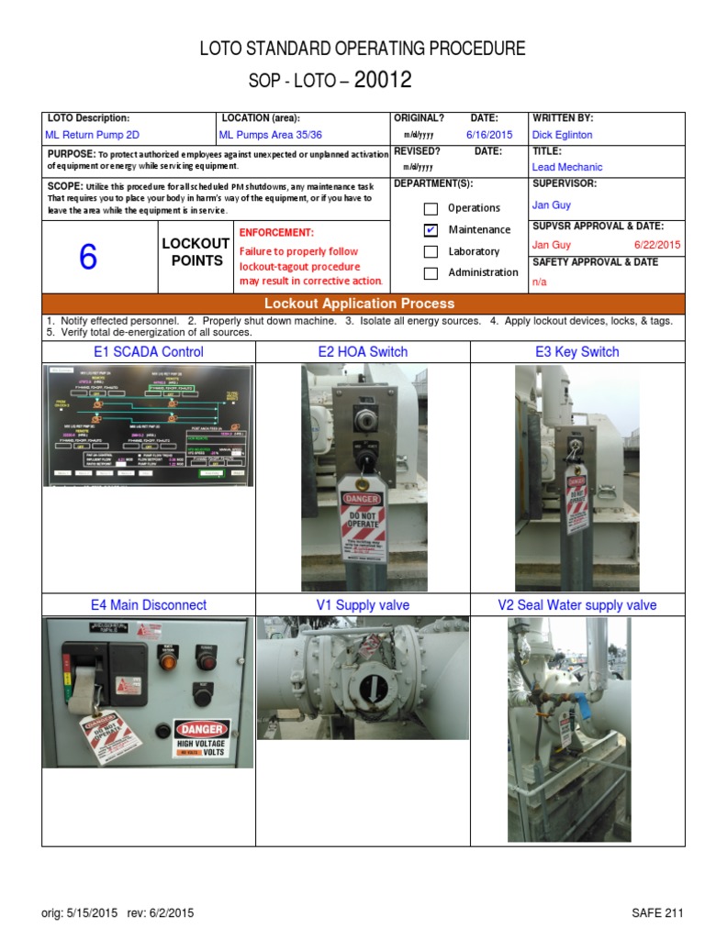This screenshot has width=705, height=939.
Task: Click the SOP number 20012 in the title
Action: (383, 80)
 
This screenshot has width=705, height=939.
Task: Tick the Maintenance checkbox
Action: (431, 229)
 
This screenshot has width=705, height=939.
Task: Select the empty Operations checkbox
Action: (431, 208)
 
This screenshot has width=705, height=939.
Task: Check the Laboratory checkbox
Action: (431, 251)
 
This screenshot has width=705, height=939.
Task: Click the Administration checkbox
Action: (431, 272)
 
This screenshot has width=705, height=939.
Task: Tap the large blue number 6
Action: (87, 258)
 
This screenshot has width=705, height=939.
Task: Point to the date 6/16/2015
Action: (487, 134)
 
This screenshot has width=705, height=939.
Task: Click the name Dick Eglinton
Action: (562, 134)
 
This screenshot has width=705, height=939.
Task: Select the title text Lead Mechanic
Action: (566, 167)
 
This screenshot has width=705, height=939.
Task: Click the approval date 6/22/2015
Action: (657, 245)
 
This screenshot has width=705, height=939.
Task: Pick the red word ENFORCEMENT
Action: (276, 233)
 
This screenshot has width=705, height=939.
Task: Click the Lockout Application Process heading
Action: (359, 304)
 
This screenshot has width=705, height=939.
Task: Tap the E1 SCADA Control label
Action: (149, 352)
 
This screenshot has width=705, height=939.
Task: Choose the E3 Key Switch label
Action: (576, 352)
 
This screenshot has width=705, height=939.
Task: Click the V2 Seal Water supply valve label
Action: (576, 605)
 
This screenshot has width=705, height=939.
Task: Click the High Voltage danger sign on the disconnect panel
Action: (201, 738)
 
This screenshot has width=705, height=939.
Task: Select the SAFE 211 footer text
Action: (657, 912)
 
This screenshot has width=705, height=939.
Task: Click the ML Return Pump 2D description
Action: (93, 134)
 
